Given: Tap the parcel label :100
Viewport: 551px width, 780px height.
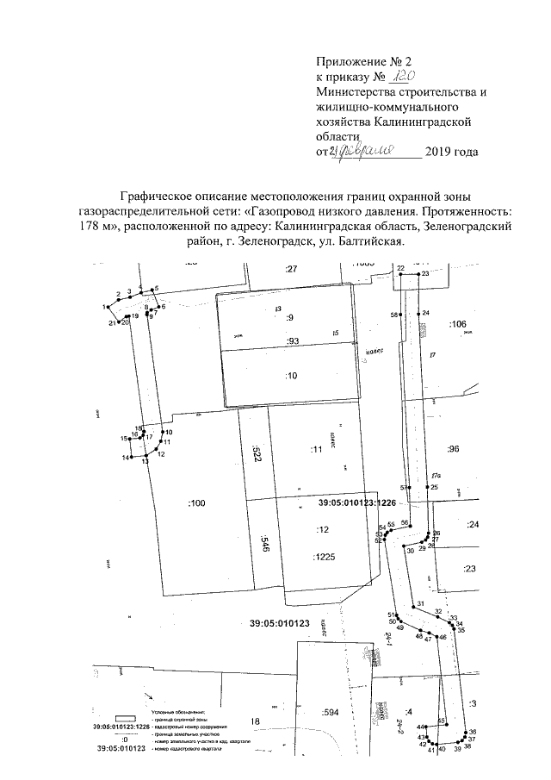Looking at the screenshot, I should click(x=197, y=502).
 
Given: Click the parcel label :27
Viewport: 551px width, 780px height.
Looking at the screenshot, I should click(x=291, y=271).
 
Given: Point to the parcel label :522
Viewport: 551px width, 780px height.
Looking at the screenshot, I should click(x=256, y=455).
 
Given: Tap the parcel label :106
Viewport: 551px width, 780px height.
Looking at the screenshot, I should click(x=457, y=323).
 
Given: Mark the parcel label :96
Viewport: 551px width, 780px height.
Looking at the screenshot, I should click(x=455, y=449).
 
